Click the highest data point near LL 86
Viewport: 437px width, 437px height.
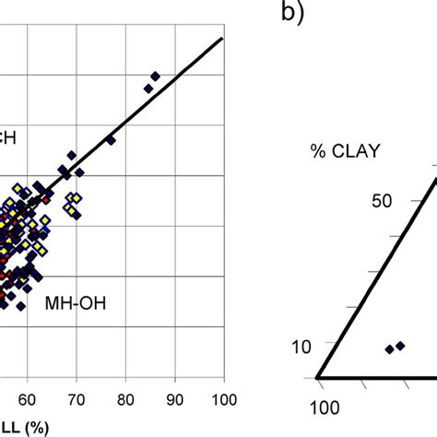coord(155,76)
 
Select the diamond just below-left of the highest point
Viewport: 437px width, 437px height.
coord(148,89)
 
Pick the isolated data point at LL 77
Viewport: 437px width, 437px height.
coord(111,140)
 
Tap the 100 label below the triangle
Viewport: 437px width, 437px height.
coord(322,408)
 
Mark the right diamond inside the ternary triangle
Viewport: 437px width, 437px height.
coord(400,347)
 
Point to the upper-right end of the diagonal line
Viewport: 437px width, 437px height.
coord(223,39)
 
